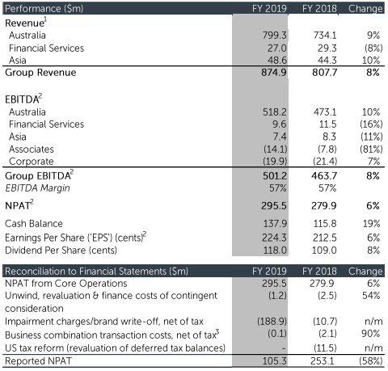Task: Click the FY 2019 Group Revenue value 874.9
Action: [274, 73]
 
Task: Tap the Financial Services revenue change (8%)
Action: [373, 48]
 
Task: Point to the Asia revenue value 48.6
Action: [277, 60]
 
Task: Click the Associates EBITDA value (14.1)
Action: [275, 149]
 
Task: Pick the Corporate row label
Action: [32, 162]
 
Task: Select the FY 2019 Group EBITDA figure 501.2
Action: [275, 176]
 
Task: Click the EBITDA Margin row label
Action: [37, 188]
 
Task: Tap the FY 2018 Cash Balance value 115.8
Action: [325, 224]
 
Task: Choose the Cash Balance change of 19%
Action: [371, 224]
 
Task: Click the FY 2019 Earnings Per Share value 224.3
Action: [274, 238]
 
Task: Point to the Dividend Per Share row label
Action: [61, 251]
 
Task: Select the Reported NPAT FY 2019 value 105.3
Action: [275, 360]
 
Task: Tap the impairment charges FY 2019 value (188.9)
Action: [272, 321]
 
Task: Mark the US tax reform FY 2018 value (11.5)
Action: [325, 348]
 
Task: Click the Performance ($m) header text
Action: [44, 9]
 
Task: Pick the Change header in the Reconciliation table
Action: [365, 271]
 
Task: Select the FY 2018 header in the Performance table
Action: [319, 9]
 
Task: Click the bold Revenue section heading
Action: [24, 23]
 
